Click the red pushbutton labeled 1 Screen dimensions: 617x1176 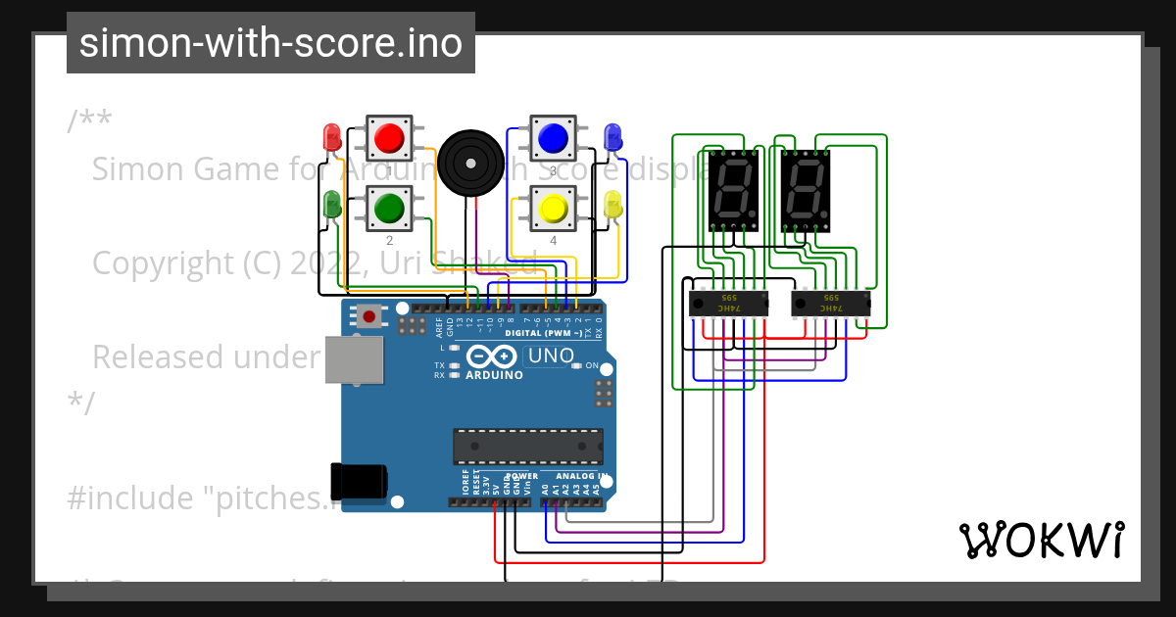[390, 137]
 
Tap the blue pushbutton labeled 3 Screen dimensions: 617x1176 [553, 137]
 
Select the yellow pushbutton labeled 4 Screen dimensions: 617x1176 [553, 208]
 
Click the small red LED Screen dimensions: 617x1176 [331, 135]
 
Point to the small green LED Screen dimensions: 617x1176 [332, 204]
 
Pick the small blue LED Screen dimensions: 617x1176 [612, 136]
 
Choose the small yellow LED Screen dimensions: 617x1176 [612, 205]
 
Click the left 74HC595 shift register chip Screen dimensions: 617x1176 [728, 304]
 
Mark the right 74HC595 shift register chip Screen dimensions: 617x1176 [830, 304]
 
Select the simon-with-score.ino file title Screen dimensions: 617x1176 [270, 43]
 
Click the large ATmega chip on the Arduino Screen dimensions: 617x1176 [527, 446]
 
